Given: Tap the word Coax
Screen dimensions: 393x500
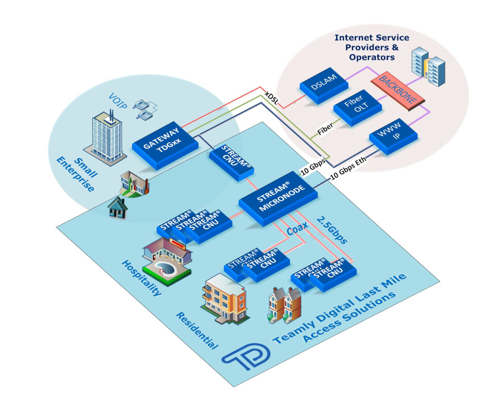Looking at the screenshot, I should click(297, 230).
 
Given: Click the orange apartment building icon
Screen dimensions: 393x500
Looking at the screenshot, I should click(226, 297).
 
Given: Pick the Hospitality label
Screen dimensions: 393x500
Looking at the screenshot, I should click(141, 277).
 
